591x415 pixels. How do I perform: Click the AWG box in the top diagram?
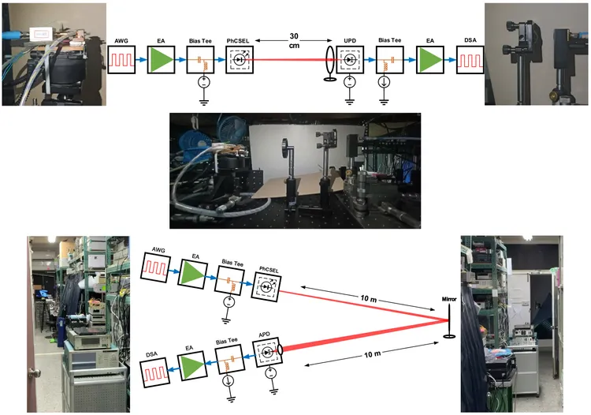click(x=122, y=59)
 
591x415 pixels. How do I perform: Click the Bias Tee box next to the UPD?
click(x=389, y=59)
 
